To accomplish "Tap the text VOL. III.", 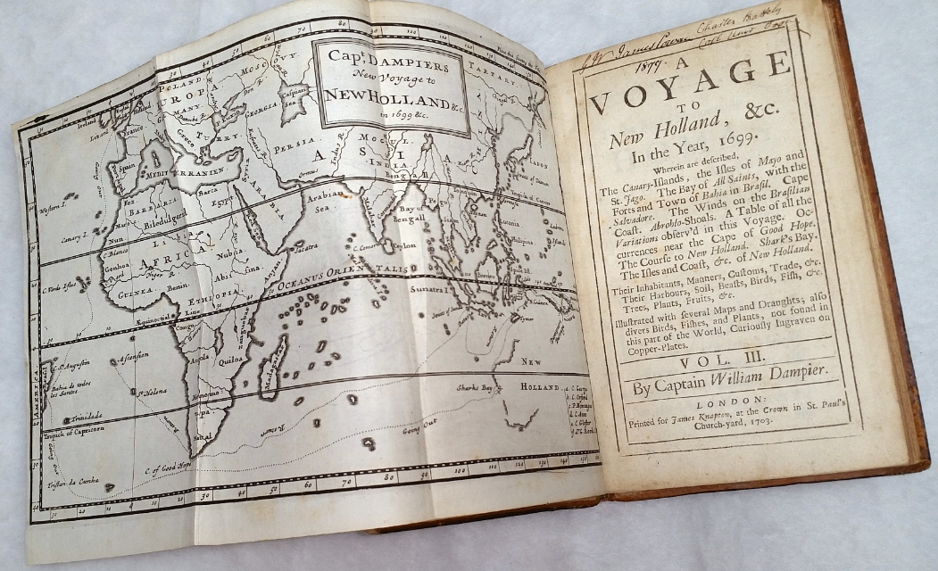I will [x=733, y=363].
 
